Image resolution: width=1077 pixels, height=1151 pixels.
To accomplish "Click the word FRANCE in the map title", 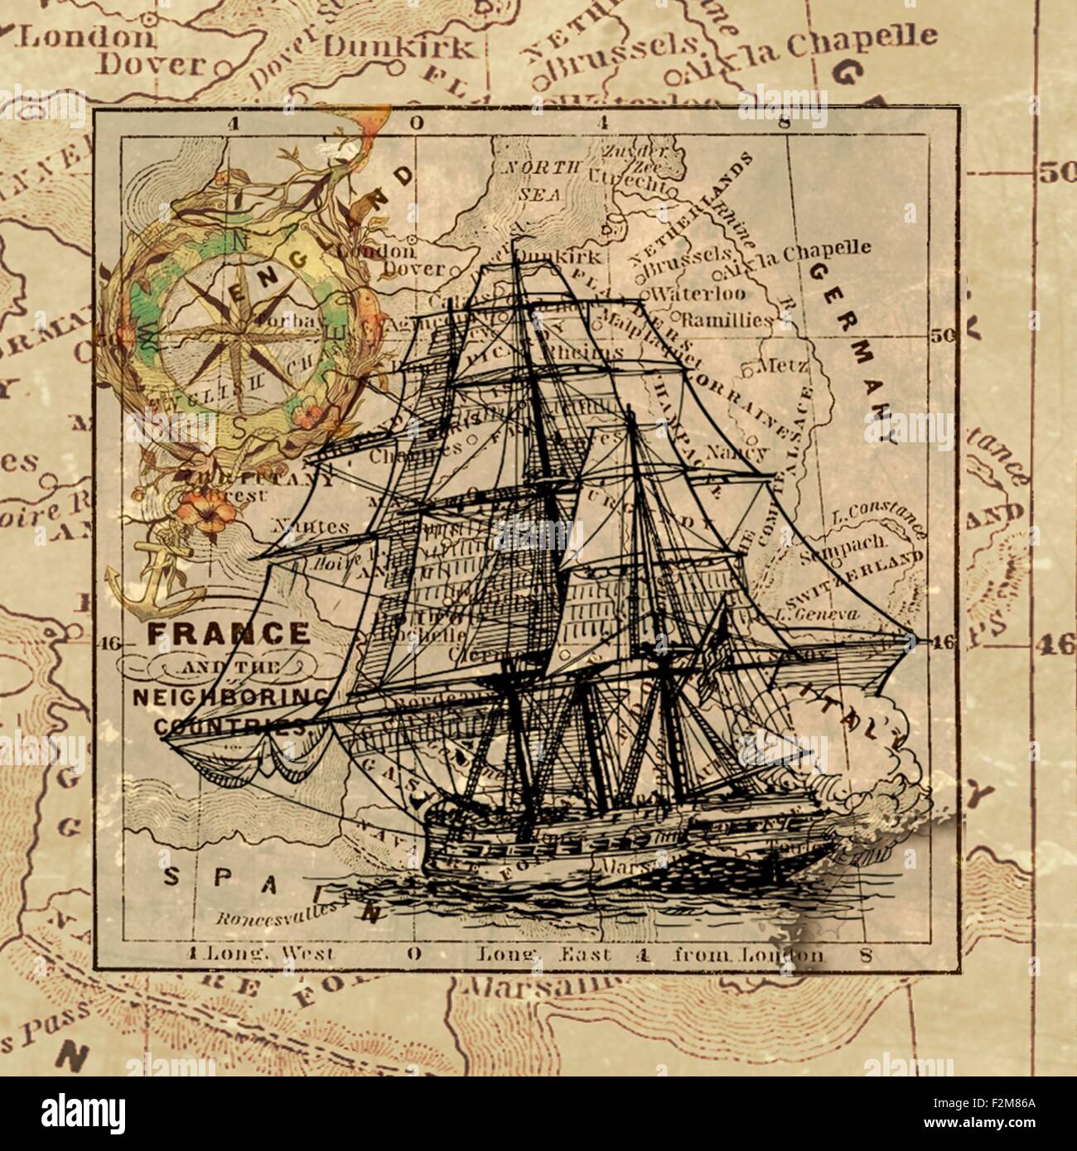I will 228,633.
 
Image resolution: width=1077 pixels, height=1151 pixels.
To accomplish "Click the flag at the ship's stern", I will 714,654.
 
